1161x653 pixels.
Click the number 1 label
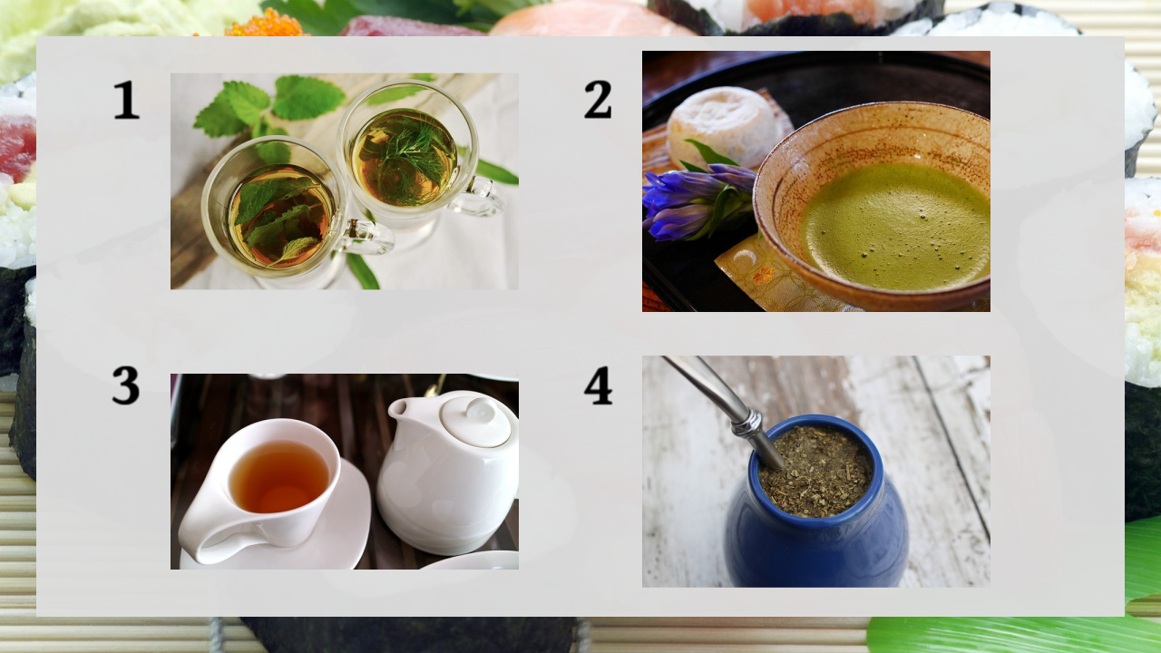[x=126, y=100]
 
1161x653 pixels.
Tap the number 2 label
[x=598, y=100]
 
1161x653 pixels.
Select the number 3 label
[x=126, y=385]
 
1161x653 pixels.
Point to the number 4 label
[x=598, y=385]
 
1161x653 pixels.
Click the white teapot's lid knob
[x=481, y=409]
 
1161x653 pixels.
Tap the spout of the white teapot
[x=398, y=409]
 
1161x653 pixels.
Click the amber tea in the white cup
[x=278, y=477]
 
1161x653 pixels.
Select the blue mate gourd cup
[x=816, y=502]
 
